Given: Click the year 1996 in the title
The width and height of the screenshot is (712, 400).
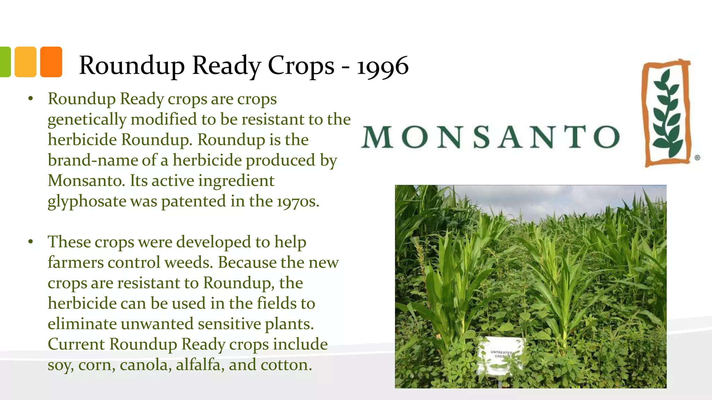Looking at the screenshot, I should click(x=382, y=66).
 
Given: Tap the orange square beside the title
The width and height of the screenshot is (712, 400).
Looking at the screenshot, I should click(x=51, y=62).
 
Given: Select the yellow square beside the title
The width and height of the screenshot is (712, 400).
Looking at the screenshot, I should click(x=25, y=62).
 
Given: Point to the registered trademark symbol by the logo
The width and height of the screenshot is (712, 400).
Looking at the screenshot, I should click(x=697, y=158).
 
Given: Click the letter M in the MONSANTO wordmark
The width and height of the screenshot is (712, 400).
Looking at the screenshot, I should click(x=377, y=137).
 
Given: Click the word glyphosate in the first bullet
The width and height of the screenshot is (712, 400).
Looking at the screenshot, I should click(x=87, y=201).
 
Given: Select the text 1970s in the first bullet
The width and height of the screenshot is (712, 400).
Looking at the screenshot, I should click(x=298, y=201).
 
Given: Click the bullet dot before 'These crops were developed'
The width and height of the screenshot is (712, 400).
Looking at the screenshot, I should click(x=31, y=242).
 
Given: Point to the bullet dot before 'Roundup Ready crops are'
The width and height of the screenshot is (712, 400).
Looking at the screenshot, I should click(x=31, y=99).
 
